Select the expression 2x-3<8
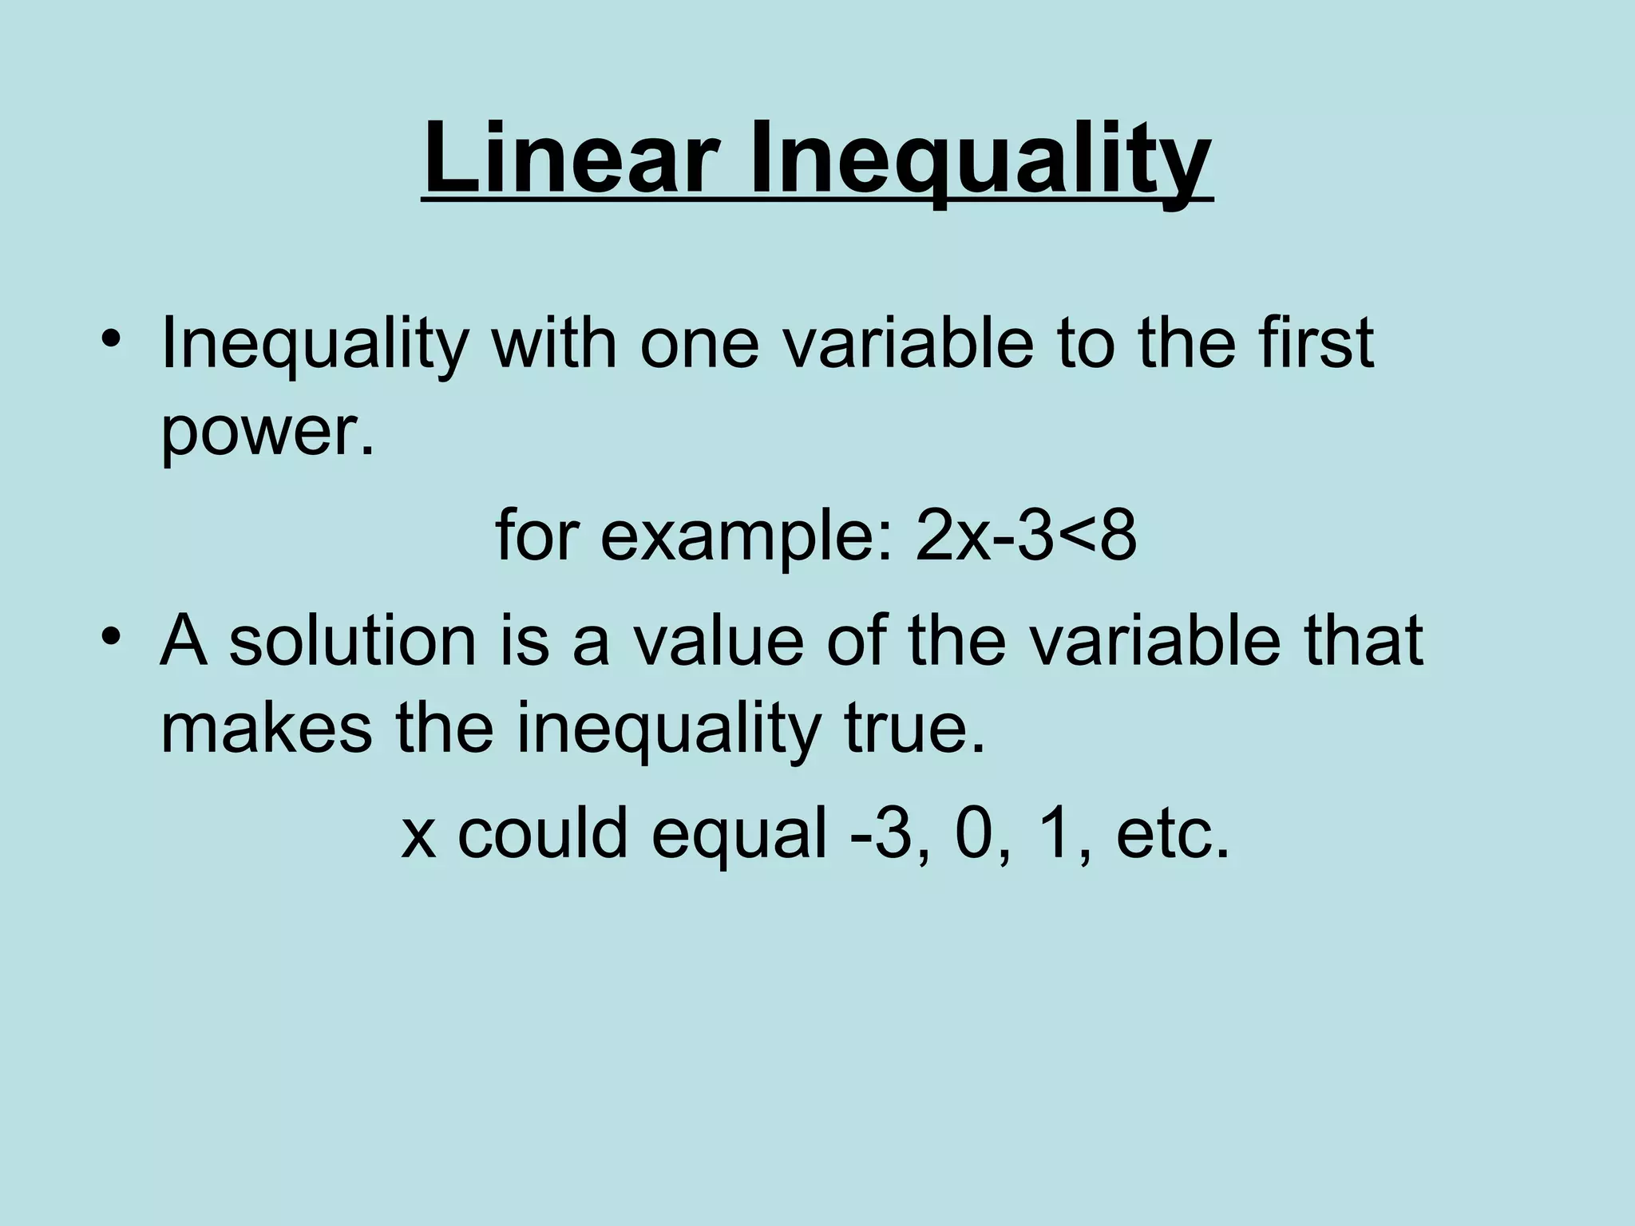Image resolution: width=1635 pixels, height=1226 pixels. [x=1025, y=536]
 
